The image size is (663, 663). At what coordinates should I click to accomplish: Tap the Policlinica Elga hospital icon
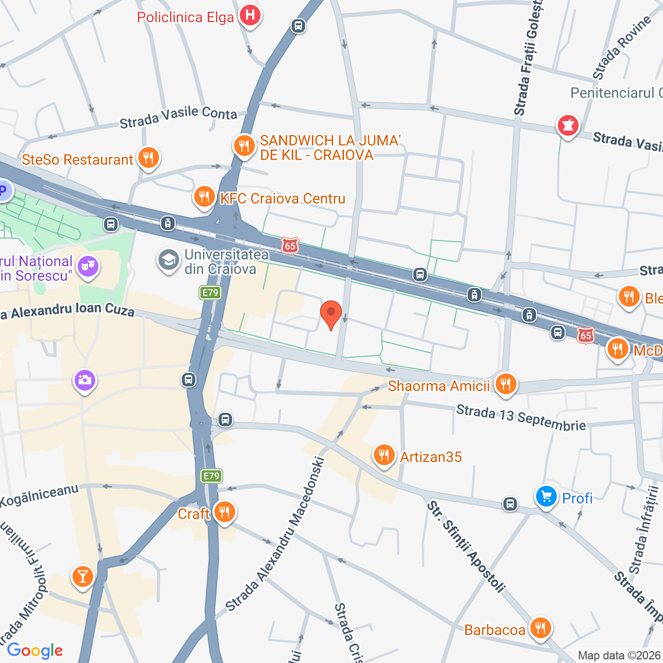pos(250,16)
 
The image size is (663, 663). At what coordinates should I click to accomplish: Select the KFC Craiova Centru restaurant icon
pos(204,197)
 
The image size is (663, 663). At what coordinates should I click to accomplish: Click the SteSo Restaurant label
pos(78,160)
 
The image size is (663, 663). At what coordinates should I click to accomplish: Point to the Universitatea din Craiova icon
pos(168,261)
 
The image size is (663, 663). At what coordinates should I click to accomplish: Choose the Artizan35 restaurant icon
pos(383,456)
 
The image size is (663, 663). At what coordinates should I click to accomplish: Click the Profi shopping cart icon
pos(546,497)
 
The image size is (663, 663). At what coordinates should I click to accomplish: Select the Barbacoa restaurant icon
pos(540,629)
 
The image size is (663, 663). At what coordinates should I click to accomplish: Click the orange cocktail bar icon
pos(82,576)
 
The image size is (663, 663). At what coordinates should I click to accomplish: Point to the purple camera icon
pos(84,381)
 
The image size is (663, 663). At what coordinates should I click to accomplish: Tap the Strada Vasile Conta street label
pos(178,117)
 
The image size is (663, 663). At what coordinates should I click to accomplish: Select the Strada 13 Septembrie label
pos(521,418)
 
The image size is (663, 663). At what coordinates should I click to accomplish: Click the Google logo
pos(35,651)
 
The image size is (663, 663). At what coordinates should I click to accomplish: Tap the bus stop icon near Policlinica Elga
pos(298,25)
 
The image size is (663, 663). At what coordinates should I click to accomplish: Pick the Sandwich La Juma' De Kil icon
pos(243,146)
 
